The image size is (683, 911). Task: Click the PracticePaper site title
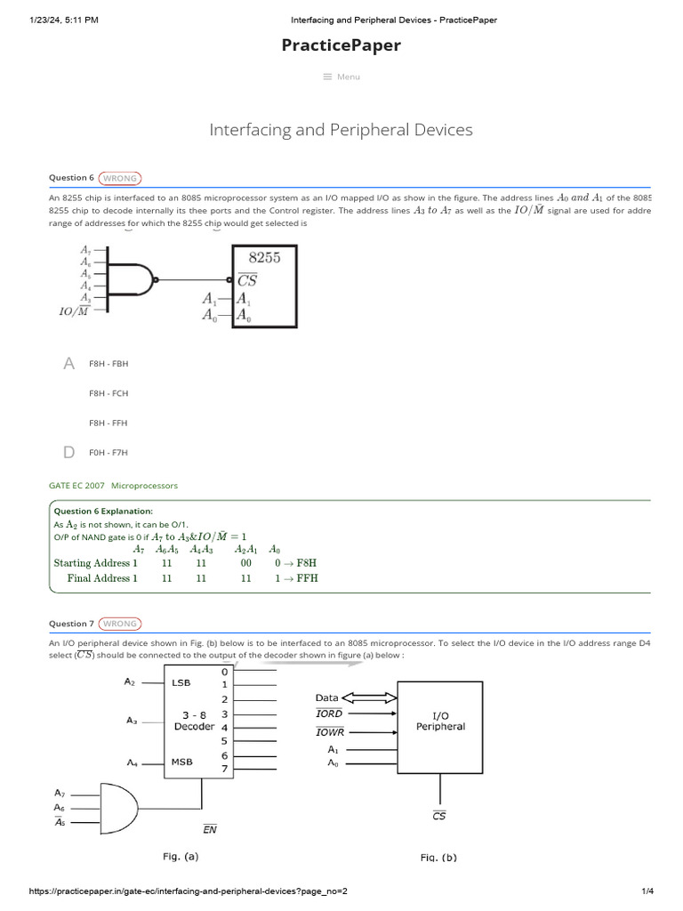click(x=341, y=45)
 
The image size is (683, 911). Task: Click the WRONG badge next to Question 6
click(x=119, y=178)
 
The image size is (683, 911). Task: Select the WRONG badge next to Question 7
click(x=119, y=624)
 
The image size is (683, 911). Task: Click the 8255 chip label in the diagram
click(x=264, y=258)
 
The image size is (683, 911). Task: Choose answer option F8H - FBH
click(x=108, y=364)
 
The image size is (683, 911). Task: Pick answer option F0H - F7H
click(x=108, y=453)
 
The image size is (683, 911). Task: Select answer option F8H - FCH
click(x=108, y=393)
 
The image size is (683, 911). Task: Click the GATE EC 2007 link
click(x=76, y=486)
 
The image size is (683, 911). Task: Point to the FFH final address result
click(x=308, y=578)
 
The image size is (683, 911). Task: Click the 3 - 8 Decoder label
click(x=193, y=720)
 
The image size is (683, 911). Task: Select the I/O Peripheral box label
click(x=440, y=720)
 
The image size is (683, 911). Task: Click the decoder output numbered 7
click(x=225, y=768)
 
